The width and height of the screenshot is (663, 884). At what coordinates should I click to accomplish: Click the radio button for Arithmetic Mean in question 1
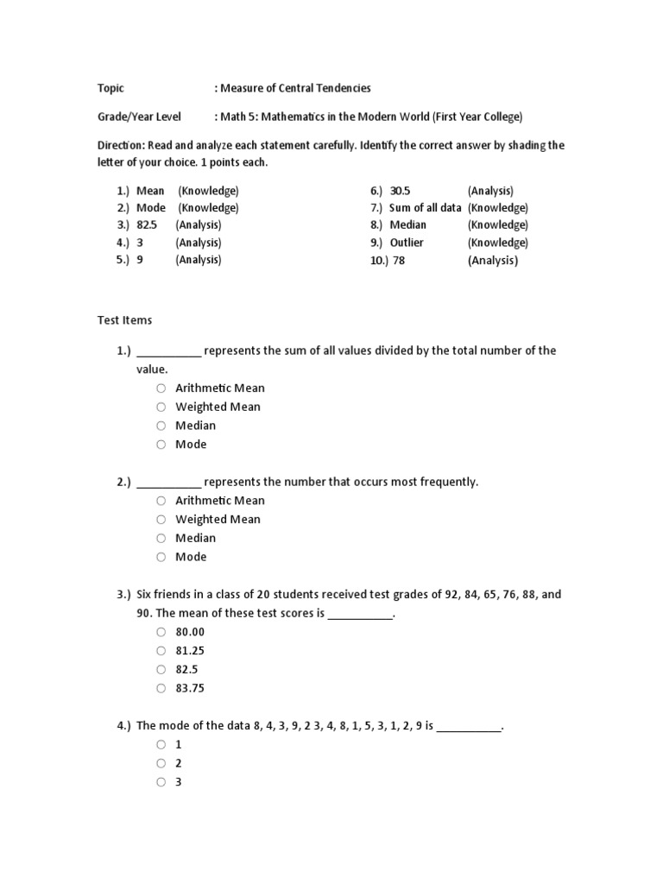click(x=161, y=388)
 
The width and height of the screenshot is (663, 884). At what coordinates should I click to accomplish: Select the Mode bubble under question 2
click(x=161, y=557)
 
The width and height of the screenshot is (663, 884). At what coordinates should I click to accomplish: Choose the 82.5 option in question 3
click(x=161, y=670)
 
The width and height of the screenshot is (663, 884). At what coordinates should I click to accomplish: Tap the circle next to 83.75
click(x=161, y=689)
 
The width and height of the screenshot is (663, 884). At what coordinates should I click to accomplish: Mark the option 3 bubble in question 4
click(x=161, y=782)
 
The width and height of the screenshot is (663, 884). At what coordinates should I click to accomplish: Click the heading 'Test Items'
click(x=123, y=320)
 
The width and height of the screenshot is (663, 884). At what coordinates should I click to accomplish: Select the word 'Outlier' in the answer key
click(x=407, y=243)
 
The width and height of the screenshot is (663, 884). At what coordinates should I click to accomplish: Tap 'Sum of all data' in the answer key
click(x=426, y=208)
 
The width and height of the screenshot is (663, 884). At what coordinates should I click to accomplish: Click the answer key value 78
click(x=399, y=261)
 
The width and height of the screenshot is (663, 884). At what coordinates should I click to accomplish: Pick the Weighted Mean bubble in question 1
click(x=161, y=407)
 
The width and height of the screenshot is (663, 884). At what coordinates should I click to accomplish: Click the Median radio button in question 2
click(x=161, y=538)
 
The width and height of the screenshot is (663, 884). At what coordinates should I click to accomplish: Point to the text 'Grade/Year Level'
click(x=138, y=117)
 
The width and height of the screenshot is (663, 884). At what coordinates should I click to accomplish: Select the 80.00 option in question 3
click(x=161, y=632)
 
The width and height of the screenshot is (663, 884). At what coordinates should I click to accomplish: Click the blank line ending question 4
click(x=469, y=728)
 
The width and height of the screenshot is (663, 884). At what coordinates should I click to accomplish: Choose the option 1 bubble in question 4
click(x=161, y=744)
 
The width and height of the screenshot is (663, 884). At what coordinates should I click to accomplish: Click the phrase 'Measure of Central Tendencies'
click(x=296, y=88)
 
